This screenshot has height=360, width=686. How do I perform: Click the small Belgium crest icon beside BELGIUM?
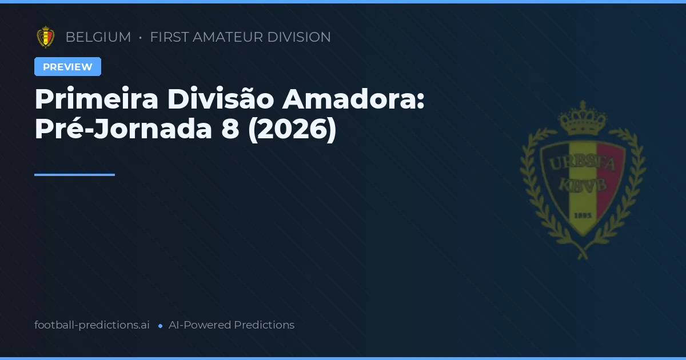click(46, 37)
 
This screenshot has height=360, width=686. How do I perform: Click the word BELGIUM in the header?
click(98, 37)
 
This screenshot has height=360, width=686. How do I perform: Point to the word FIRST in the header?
click(169, 37)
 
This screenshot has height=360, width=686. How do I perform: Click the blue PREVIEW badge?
click(67, 67)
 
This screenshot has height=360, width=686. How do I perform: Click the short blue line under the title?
click(74, 174)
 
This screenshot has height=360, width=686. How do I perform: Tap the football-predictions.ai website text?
click(92, 325)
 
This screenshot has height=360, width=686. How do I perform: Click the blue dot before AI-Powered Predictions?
click(160, 326)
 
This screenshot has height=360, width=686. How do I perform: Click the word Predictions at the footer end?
click(264, 325)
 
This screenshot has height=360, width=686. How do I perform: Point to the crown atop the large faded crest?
click(583, 119)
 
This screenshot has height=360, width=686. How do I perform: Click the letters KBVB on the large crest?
click(582, 186)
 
